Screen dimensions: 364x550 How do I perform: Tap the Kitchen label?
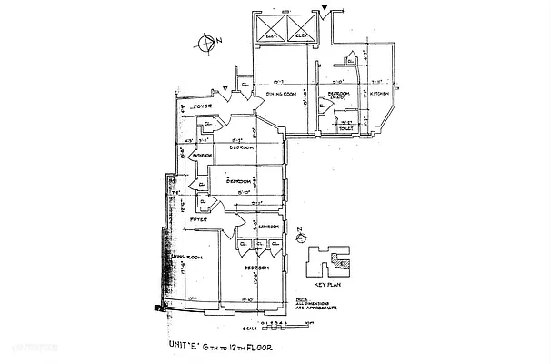[381, 94]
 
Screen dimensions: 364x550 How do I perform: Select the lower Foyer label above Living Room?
[199, 219]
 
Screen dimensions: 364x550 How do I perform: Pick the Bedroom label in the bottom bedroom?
[257, 268]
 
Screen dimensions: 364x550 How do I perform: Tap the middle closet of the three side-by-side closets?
[259, 244]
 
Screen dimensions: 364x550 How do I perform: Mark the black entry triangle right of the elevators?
[325, 8]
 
